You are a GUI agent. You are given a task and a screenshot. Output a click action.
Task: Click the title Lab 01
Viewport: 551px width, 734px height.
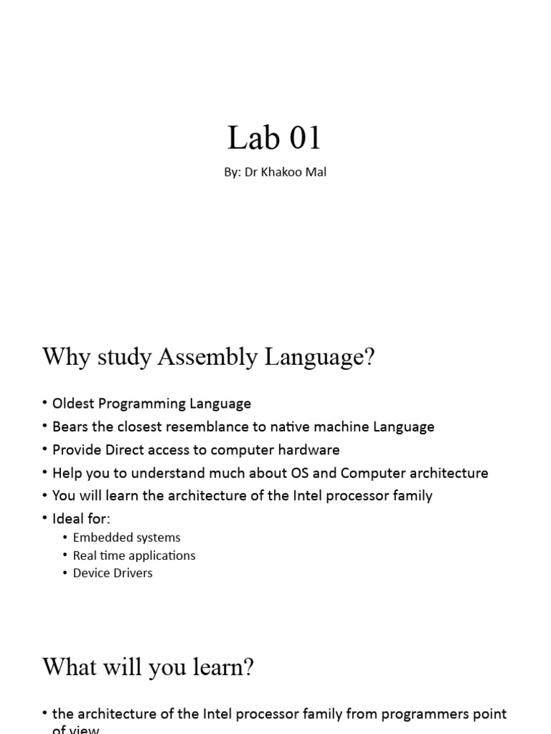[x=274, y=138]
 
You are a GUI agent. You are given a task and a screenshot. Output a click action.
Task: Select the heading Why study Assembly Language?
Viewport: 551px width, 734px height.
[x=209, y=356]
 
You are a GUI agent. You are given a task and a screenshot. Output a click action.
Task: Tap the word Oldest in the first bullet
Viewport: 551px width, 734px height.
[x=73, y=404]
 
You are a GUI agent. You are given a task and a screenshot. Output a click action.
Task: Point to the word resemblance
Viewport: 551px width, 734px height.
[x=204, y=426]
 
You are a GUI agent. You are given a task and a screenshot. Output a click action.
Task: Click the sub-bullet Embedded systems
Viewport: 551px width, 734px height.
[x=126, y=538]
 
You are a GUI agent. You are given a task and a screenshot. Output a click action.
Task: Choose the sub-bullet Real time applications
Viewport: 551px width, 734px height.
[x=133, y=556]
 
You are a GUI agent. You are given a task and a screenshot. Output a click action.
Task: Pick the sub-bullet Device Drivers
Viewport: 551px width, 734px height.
[x=113, y=573]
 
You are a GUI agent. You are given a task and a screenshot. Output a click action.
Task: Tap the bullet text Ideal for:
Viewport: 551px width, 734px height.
[x=81, y=519]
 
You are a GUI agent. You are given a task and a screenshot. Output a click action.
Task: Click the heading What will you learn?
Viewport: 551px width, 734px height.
[x=149, y=668]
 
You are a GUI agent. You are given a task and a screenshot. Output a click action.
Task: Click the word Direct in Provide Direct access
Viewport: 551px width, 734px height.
[x=131, y=450]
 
